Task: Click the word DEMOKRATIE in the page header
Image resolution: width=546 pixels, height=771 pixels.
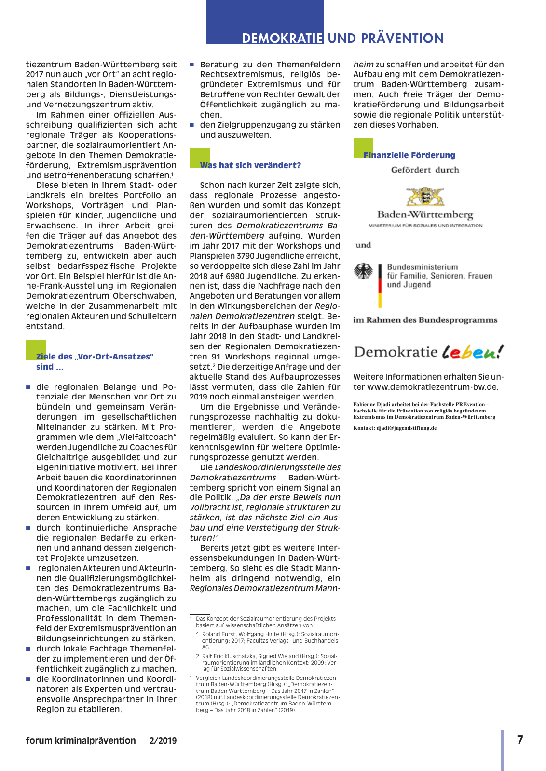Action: click(x=282, y=39)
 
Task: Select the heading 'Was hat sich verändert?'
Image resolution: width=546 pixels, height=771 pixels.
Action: click(x=250, y=165)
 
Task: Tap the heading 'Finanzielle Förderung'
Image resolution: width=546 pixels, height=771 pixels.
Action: click(x=409, y=155)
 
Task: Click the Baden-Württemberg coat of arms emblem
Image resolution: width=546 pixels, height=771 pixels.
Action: click(x=425, y=197)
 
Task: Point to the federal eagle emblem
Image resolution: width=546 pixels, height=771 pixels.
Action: click(x=363, y=271)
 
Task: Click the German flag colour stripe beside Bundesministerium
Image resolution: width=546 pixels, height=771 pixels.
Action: click(x=380, y=285)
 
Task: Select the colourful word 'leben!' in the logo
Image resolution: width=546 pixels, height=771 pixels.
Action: click(x=473, y=352)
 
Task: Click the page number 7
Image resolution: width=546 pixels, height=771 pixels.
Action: click(x=520, y=740)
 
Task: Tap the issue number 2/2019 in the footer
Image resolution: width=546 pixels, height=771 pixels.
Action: click(x=163, y=741)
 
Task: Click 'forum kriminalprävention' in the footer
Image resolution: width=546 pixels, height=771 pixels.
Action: click(x=81, y=741)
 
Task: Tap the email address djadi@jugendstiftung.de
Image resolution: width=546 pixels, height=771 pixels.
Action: click(x=407, y=428)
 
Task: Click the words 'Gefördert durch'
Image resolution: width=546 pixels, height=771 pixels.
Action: click(x=425, y=170)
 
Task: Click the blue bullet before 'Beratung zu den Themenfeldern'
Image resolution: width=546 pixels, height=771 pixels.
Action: click(x=192, y=65)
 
